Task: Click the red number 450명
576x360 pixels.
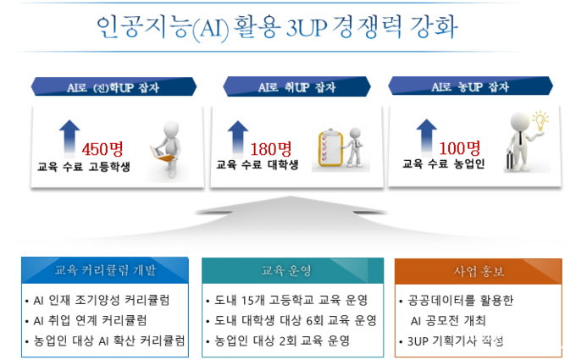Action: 102,149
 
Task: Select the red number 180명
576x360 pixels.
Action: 271,149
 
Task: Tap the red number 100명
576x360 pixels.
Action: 460,148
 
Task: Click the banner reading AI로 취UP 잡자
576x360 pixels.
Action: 296,87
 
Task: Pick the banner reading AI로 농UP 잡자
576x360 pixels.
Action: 470,86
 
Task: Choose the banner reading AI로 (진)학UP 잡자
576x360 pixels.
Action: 114,87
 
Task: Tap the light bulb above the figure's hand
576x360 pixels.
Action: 540,121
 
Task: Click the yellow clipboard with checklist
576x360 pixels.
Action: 330,148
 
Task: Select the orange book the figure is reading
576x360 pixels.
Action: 162,154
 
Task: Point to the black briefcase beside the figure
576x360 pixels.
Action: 510,161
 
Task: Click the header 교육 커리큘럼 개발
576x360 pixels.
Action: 105,270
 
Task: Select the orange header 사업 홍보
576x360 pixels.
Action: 479,271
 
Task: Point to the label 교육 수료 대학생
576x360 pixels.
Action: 258,164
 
